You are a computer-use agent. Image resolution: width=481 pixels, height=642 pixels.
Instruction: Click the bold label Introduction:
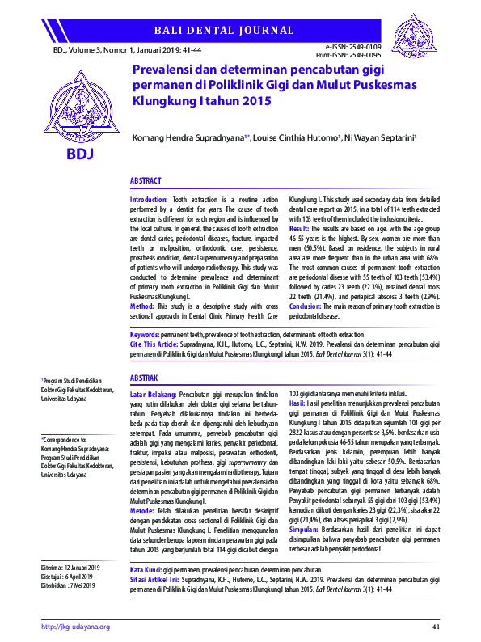[x=150, y=198]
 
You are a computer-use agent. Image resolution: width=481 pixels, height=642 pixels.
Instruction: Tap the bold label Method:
[x=142, y=306]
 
